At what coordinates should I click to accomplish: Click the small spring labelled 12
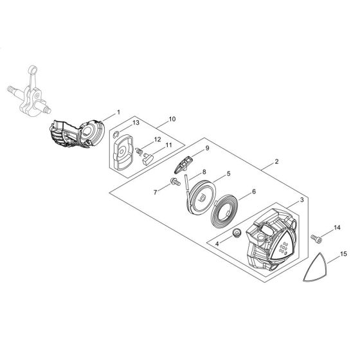point(139,150)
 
